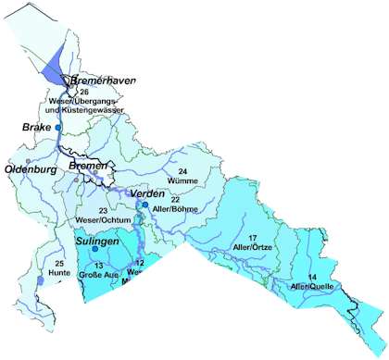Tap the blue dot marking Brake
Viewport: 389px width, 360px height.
click(57, 126)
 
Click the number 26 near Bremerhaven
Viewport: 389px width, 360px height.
click(84, 93)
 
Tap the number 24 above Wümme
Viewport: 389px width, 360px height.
click(182, 173)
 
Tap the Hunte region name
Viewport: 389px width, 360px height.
click(59, 274)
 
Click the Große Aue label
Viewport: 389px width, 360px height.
click(98, 275)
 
